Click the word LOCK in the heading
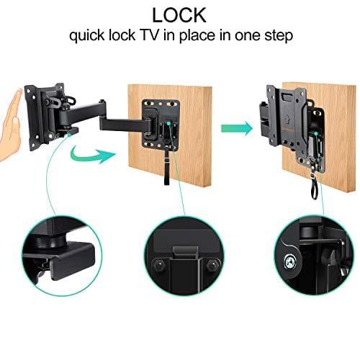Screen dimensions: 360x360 (179, 15)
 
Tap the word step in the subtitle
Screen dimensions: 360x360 (279, 36)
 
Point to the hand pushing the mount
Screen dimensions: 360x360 (11, 125)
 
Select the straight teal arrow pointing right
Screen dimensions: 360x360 (236, 128)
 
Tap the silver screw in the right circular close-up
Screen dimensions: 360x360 (291, 261)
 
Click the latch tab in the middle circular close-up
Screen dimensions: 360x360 (185, 253)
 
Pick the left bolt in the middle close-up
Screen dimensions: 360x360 (158, 265)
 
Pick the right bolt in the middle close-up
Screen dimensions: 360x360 (212, 265)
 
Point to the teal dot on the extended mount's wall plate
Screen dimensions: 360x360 (168, 123)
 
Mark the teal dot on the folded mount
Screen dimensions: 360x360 (316, 134)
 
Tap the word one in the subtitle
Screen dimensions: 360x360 (248, 37)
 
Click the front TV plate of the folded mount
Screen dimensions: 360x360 (286, 117)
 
